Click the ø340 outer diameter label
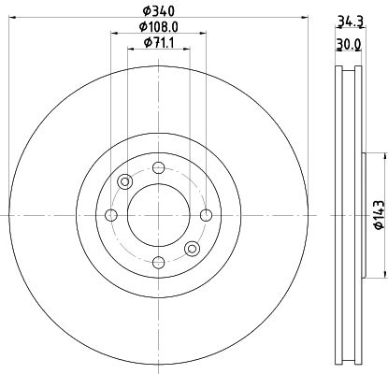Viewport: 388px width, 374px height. click(157, 12)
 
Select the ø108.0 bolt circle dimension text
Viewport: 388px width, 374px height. click(157, 28)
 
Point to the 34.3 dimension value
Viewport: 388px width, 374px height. click(348, 20)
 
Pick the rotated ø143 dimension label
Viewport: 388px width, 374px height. click(378, 214)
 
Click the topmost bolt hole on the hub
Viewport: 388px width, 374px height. click(158, 168)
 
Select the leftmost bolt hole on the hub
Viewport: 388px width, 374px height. click(111, 216)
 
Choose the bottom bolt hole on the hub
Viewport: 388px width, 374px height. click(158, 263)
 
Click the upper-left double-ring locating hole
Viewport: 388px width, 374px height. click(124, 182)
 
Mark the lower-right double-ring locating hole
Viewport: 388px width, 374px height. click(192, 248)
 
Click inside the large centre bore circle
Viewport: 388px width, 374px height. click(158, 215)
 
